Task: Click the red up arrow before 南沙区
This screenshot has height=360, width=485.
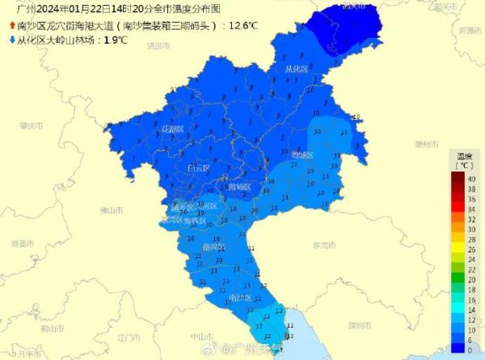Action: pyautogui.click(x=10, y=25)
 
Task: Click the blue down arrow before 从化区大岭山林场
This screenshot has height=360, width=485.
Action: pyautogui.click(x=10, y=38)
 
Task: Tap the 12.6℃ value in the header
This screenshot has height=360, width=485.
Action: pyautogui.click(x=242, y=25)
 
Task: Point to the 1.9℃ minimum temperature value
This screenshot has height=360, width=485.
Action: pyautogui.click(x=116, y=38)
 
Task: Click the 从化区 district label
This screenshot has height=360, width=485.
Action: pyautogui.click(x=297, y=69)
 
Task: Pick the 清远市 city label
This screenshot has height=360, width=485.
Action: pyautogui.click(x=158, y=46)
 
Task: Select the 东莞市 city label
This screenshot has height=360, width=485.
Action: pyautogui.click(x=323, y=244)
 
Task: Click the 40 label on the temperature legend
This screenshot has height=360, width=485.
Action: pyautogui.click(x=470, y=178)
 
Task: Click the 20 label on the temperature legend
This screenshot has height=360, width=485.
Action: pyautogui.click(x=470, y=277)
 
